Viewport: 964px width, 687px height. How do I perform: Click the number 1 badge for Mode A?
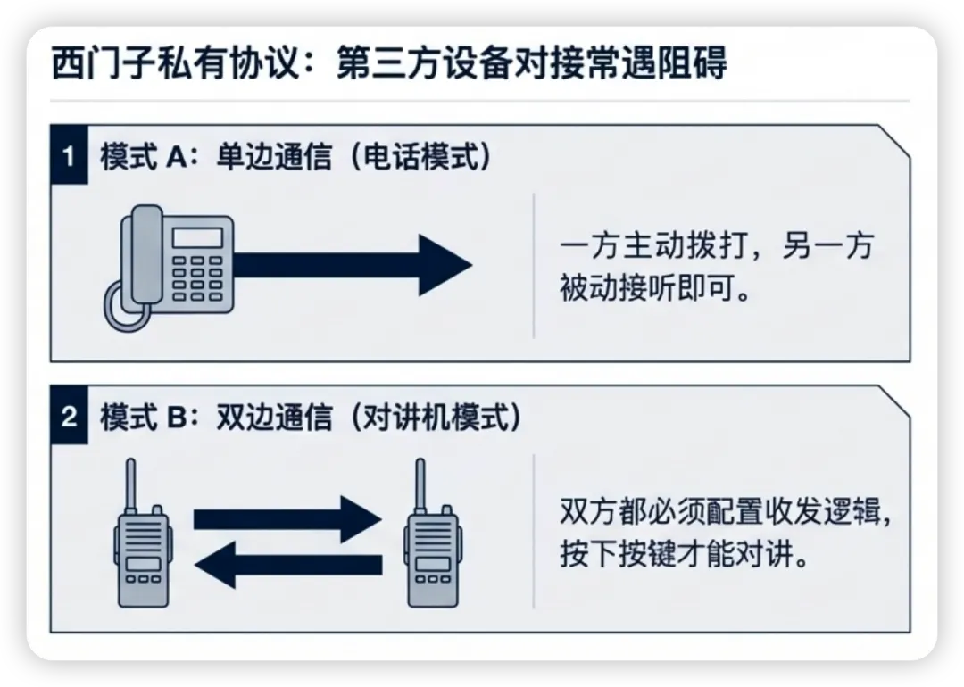pyautogui.click(x=69, y=156)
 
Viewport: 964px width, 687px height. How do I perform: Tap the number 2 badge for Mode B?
pyautogui.click(x=69, y=418)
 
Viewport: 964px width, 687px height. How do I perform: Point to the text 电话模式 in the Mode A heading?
pyautogui.click(x=420, y=157)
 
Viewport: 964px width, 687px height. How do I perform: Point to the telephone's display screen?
pyautogui.click(x=197, y=237)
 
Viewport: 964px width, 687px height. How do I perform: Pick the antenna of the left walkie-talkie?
pyautogui.click(x=130, y=486)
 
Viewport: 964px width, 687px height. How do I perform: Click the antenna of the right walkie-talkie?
pyautogui.click(x=419, y=486)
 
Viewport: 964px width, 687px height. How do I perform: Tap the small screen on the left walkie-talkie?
pyautogui.click(x=143, y=564)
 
